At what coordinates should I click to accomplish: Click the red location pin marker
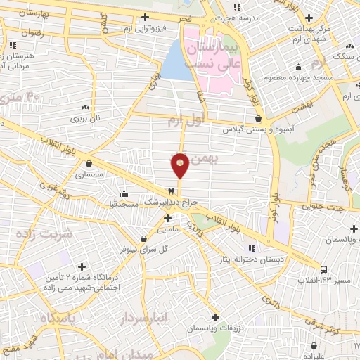pyautogui.click(x=180, y=165)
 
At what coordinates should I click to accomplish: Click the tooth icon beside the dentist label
pyautogui.click(x=170, y=191)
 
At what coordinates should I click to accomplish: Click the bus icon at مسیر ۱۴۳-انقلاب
pyautogui.click(x=324, y=269)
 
